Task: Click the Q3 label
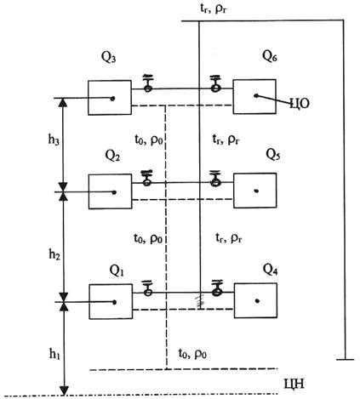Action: coord(109,58)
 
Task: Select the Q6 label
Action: coord(270,56)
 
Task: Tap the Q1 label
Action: coord(117,271)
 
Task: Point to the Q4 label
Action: coord(271,269)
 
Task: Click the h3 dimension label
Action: coord(54,140)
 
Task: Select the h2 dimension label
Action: coord(54,254)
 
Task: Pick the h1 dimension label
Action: coord(54,354)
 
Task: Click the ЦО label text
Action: coord(300,104)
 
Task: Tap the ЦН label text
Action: coord(294,384)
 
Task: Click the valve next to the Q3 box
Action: coord(148,83)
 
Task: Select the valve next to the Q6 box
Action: coord(215,83)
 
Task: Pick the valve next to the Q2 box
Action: coord(146,178)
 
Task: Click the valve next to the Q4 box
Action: coord(218,288)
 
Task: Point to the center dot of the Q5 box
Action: coord(256,191)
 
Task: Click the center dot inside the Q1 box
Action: coord(115,302)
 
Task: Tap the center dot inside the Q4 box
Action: coord(257,301)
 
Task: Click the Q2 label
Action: coord(112,156)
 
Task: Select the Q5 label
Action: coord(273,155)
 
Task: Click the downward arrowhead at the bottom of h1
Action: coord(65,390)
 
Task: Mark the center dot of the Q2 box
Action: coord(114,192)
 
